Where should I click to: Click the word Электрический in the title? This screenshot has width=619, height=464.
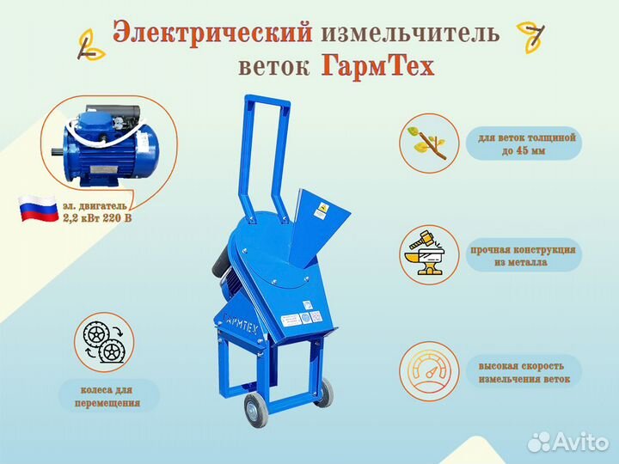click(212, 34)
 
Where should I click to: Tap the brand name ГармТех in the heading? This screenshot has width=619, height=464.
click(377, 66)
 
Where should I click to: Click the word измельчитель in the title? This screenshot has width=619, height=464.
click(410, 33)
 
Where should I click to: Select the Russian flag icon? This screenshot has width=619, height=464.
click(38, 208)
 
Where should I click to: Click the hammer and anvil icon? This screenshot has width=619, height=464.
click(429, 253)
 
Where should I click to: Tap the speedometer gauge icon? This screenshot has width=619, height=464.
click(430, 371)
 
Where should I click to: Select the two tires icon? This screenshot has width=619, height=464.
click(104, 342)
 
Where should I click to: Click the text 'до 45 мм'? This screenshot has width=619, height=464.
click(524, 151)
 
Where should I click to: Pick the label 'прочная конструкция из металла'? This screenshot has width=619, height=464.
click(523, 256)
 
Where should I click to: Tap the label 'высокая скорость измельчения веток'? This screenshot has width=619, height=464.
click(524, 372)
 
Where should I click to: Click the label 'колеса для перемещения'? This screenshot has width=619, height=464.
click(107, 396)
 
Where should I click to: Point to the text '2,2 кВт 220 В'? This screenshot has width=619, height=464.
click(97, 217)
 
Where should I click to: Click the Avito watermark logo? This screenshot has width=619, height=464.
click(568, 442)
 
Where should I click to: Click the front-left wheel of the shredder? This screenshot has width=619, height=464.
click(253, 410)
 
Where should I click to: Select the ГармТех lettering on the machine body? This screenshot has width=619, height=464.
click(239, 323)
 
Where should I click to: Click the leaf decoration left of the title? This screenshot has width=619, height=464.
click(91, 46)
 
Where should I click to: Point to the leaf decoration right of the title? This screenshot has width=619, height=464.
click(531, 37)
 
